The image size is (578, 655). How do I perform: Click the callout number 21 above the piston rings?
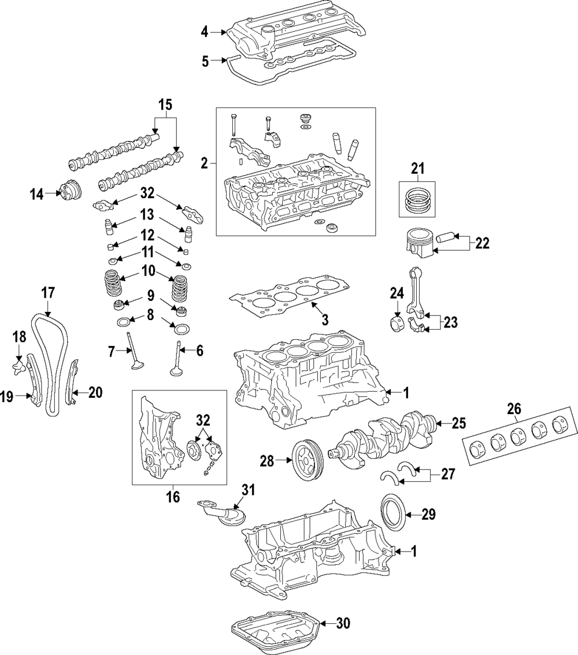tap(417, 169)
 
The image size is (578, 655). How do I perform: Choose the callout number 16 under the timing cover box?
tap(173, 496)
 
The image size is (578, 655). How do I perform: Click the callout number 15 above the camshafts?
tap(165, 105)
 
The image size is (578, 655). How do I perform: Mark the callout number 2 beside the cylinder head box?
tap(203, 163)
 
